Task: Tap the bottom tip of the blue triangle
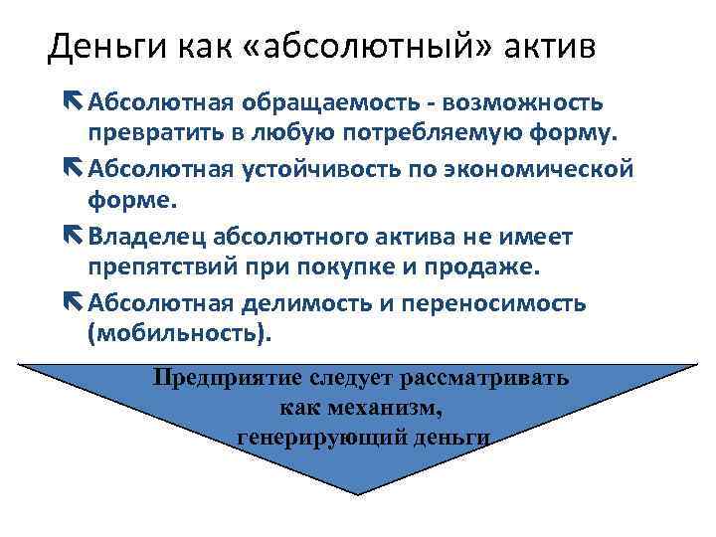click(x=359, y=493)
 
